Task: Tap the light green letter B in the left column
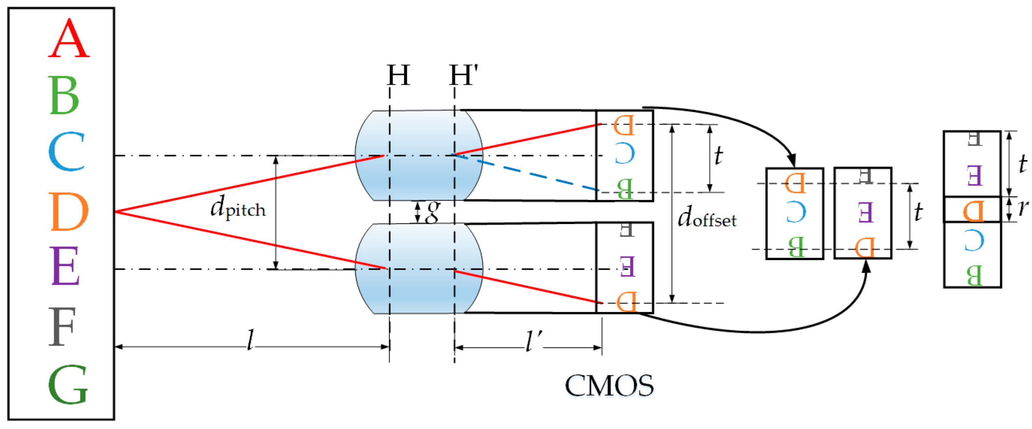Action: coord(64,95)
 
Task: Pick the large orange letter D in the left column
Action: coord(69,212)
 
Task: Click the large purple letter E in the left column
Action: coord(65,266)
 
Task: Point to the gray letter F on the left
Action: coord(62,326)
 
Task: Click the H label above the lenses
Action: coord(398,75)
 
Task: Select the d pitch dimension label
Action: coord(238,208)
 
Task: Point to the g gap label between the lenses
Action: coord(432,212)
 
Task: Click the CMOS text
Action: coord(609,386)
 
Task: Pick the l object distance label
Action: coord(251,340)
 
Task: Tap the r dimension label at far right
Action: coord(1023,208)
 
